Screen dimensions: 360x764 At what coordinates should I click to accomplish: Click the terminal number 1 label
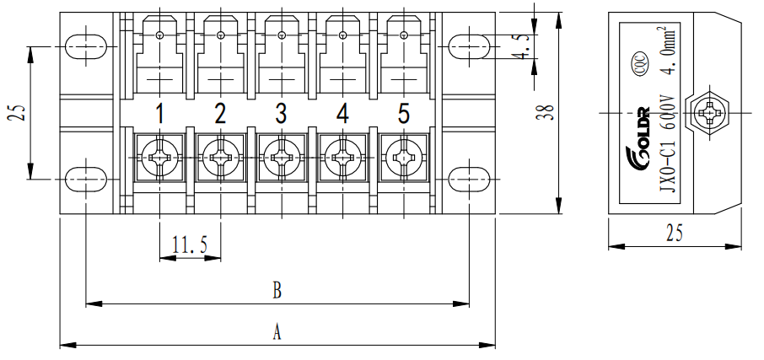tap(159, 113)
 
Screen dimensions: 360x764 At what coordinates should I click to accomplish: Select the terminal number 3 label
tap(281, 113)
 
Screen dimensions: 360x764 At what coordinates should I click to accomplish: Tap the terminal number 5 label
tap(403, 113)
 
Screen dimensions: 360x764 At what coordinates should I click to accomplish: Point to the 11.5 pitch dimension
tap(190, 245)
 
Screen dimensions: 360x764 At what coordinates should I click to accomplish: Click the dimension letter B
tap(277, 291)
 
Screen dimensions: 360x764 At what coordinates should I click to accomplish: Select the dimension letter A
tap(277, 333)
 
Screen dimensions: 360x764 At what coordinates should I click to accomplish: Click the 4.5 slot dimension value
tap(525, 48)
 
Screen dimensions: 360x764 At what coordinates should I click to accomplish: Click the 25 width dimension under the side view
tap(675, 234)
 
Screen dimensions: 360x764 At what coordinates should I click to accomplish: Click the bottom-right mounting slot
tap(468, 179)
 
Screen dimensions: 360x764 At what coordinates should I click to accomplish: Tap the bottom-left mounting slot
tap(86, 179)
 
